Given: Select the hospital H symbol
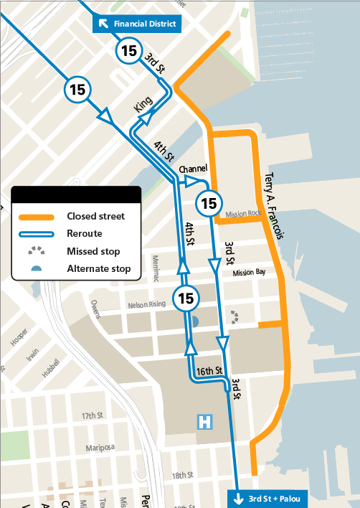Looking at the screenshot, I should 206,421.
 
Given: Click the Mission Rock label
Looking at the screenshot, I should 242,214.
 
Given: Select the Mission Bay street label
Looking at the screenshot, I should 249,272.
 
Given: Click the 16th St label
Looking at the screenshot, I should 209,372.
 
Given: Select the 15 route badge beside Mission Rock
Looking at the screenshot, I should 209,203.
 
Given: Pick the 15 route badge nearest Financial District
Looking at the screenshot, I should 129,51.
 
